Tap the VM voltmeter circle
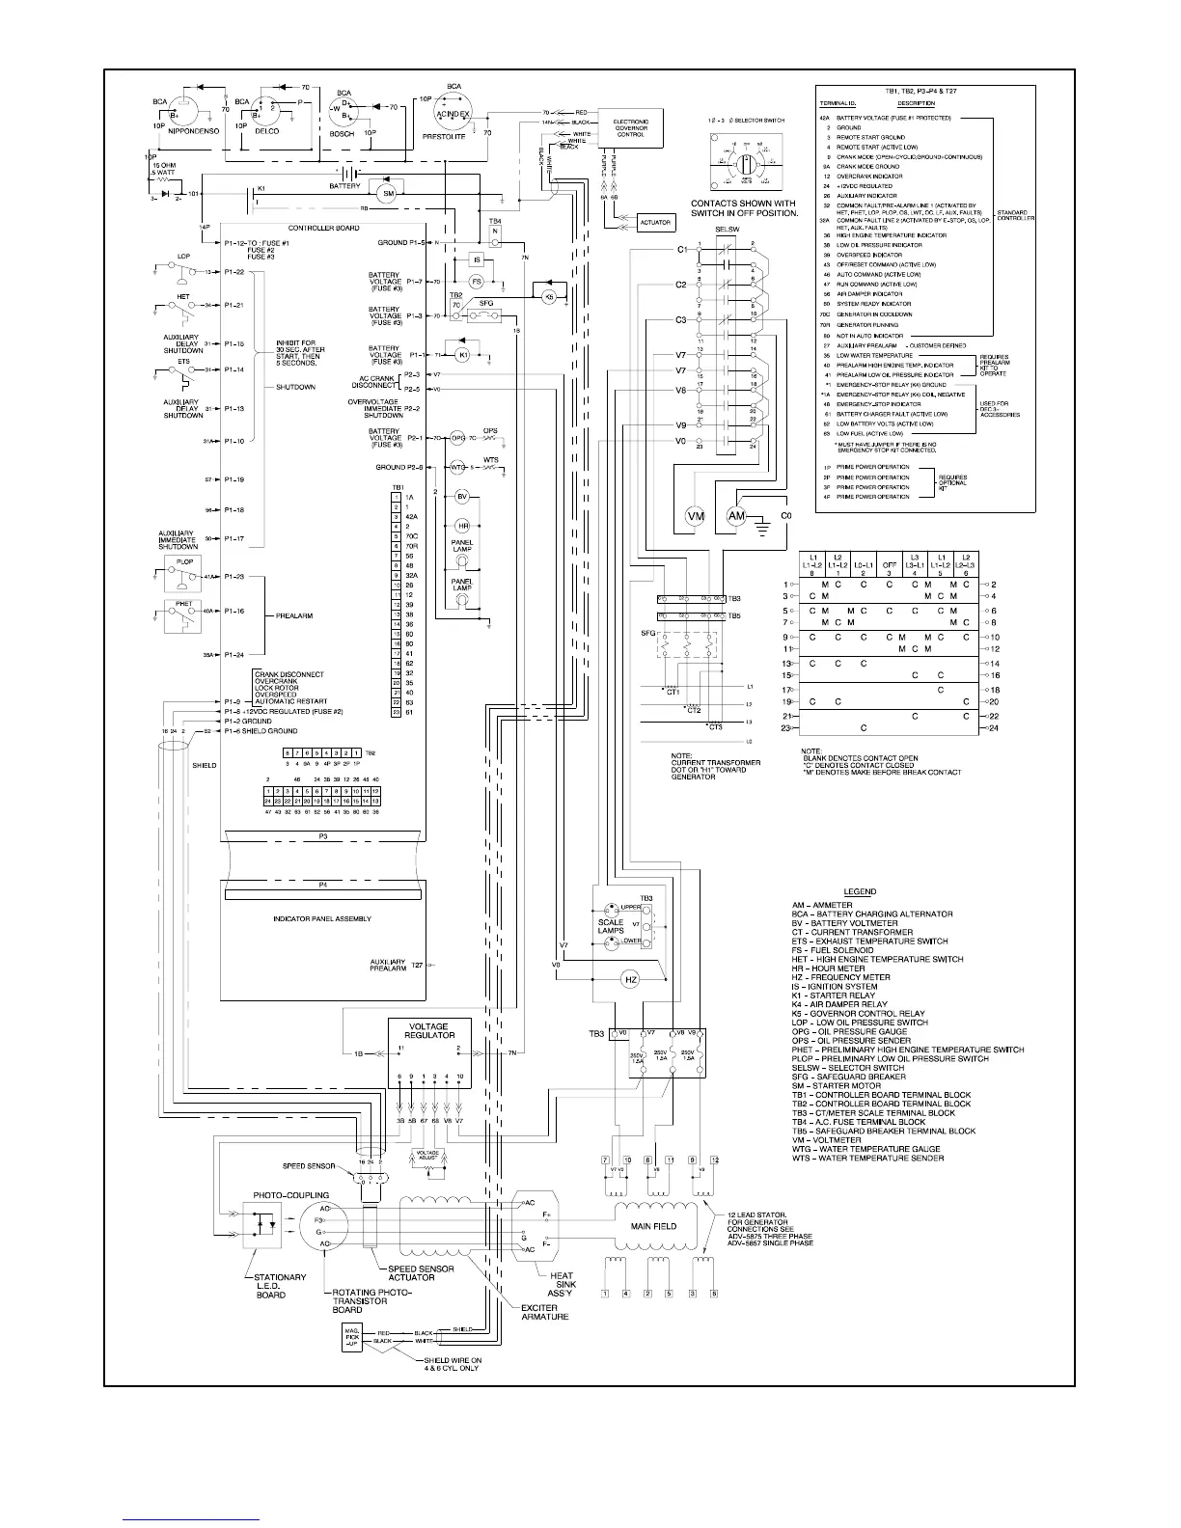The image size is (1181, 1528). (696, 517)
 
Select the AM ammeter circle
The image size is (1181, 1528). (738, 517)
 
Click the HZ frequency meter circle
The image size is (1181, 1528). (631, 979)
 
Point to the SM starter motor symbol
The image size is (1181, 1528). (388, 194)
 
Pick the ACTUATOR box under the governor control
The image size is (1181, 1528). (655, 222)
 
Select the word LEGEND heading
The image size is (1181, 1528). (860, 891)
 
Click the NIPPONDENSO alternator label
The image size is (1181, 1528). (197, 132)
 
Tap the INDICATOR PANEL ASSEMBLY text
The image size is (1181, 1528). (321, 919)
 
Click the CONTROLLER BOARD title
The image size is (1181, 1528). (324, 228)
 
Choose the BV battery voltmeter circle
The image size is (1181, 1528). (461, 497)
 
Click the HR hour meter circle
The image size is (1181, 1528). (461, 526)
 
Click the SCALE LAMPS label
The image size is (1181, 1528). (611, 926)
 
